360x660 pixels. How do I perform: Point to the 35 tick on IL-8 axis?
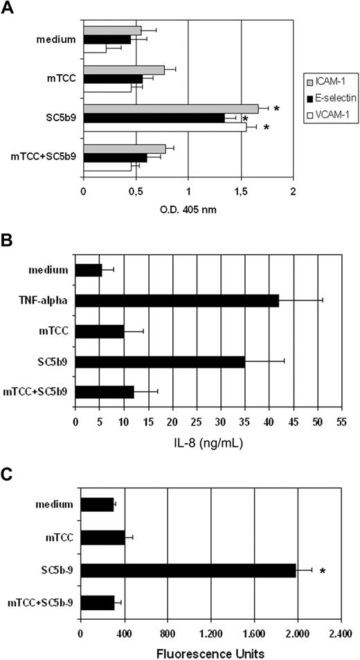coord(245,420)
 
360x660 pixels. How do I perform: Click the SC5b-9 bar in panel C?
coord(188,571)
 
